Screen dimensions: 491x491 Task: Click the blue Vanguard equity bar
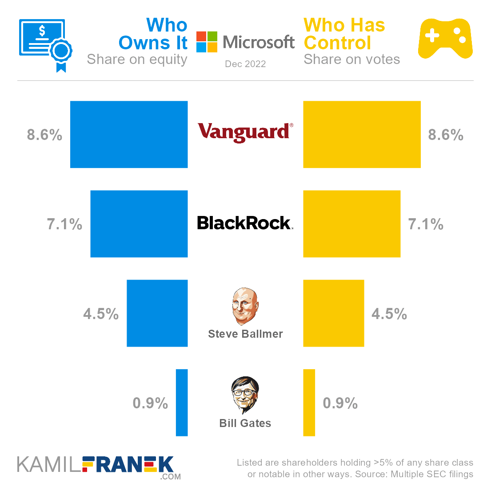coord(129,135)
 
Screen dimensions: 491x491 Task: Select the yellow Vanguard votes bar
coord(362,135)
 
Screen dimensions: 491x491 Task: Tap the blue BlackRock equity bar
coord(139,224)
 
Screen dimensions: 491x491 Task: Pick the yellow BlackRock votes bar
coord(351,224)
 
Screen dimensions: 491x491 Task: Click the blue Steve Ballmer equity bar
coord(157,313)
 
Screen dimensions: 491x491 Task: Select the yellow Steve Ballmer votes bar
coord(333,313)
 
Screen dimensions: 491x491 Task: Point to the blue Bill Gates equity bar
coord(182,403)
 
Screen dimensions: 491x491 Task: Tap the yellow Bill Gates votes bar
coord(309,403)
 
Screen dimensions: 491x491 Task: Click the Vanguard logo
coord(245,132)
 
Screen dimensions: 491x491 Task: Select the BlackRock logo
coord(245,223)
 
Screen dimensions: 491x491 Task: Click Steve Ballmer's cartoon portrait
coord(245,306)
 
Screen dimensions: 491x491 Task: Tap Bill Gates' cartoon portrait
coord(245,395)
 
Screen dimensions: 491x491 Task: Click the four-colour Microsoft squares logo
coord(207,42)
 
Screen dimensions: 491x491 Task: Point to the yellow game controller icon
coord(445,39)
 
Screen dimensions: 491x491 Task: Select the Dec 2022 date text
coord(245,64)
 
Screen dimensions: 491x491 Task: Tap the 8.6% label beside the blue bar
coord(44,135)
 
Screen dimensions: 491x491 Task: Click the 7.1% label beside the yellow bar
coord(426,224)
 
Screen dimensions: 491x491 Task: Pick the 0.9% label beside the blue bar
coord(150,403)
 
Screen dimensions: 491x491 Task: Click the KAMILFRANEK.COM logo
coord(99,467)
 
